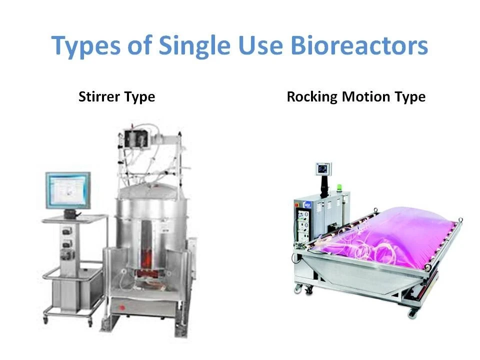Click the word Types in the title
tap(85, 45)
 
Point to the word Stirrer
tap(99, 96)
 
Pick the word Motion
tap(366, 96)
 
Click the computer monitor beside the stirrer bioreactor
tap(68, 190)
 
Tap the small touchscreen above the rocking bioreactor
tap(323, 169)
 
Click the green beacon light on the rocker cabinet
tap(339, 187)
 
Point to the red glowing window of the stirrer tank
tap(147, 260)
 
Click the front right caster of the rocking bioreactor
tap(412, 313)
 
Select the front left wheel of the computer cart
tap(45, 319)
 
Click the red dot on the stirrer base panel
tap(122, 307)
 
